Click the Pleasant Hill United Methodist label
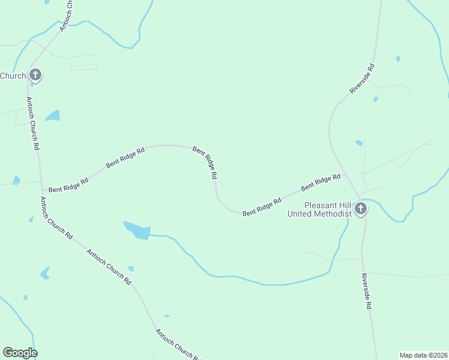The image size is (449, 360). coord(319,209)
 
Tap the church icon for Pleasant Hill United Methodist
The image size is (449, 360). coord(360,208)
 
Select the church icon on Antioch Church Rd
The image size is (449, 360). coord(35,75)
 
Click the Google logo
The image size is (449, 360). coord(20,353)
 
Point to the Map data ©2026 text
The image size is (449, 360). coord(423,355)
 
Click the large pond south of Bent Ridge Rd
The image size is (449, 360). coord(137,230)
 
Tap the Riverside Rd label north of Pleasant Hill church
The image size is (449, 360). coord(362,79)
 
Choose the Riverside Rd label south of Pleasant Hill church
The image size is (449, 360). coord(366,291)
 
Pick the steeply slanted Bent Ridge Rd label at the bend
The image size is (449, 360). coord(205,163)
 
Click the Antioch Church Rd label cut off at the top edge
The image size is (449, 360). coord(66,15)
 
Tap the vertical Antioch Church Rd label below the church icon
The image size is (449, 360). coord(32,123)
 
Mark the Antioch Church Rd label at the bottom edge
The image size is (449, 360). coord(178,345)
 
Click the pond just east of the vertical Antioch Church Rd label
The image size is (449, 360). coord(53,115)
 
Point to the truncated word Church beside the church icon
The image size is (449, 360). coord(13,76)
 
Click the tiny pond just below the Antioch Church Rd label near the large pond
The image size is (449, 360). coord(130,268)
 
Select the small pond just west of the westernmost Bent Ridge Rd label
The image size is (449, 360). coord(16,180)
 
